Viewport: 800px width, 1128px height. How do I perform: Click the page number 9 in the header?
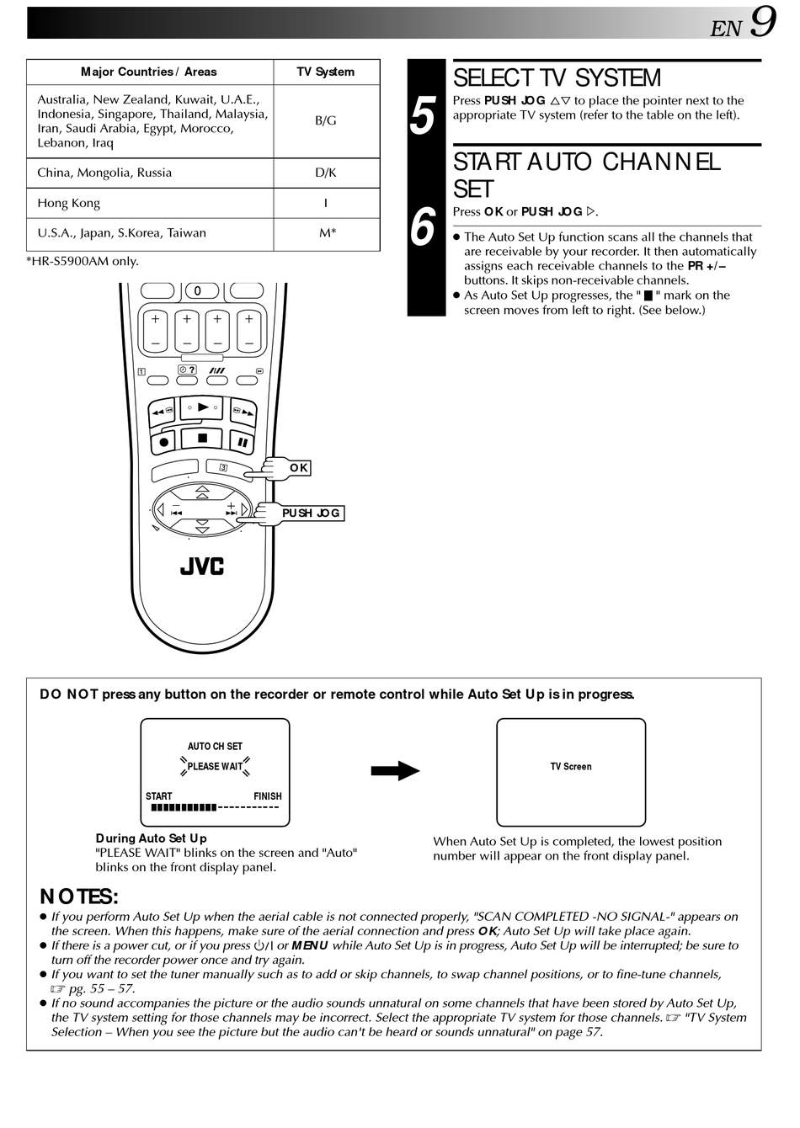click(x=763, y=23)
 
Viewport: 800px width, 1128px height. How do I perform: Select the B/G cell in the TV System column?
click(x=326, y=120)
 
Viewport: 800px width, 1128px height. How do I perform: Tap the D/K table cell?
click(x=326, y=173)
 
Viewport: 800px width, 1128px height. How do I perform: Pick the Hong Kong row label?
click(x=68, y=203)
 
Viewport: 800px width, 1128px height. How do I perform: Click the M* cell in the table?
click(x=327, y=233)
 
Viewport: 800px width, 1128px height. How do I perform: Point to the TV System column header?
click(x=326, y=72)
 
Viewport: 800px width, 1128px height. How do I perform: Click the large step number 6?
click(x=424, y=227)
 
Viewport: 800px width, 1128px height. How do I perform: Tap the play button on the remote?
click(x=202, y=407)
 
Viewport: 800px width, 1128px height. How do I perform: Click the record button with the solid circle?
click(x=164, y=441)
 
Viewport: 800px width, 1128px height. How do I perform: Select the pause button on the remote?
click(x=242, y=441)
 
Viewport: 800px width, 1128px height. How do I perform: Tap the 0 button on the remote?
click(x=198, y=291)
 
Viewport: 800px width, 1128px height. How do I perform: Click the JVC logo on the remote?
click(x=202, y=567)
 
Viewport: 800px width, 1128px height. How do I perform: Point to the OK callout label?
click(x=299, y=468)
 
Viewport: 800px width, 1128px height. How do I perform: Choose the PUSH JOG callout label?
click(x=311, y=513)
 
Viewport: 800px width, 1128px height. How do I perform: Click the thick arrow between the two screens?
click(x=395, y=770)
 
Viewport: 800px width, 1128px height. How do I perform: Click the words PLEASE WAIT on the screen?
click(x=215, y=767)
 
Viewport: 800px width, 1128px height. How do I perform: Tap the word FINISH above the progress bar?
click(x=268, y=796)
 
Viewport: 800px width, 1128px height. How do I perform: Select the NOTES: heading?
click(x=79, y=897)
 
